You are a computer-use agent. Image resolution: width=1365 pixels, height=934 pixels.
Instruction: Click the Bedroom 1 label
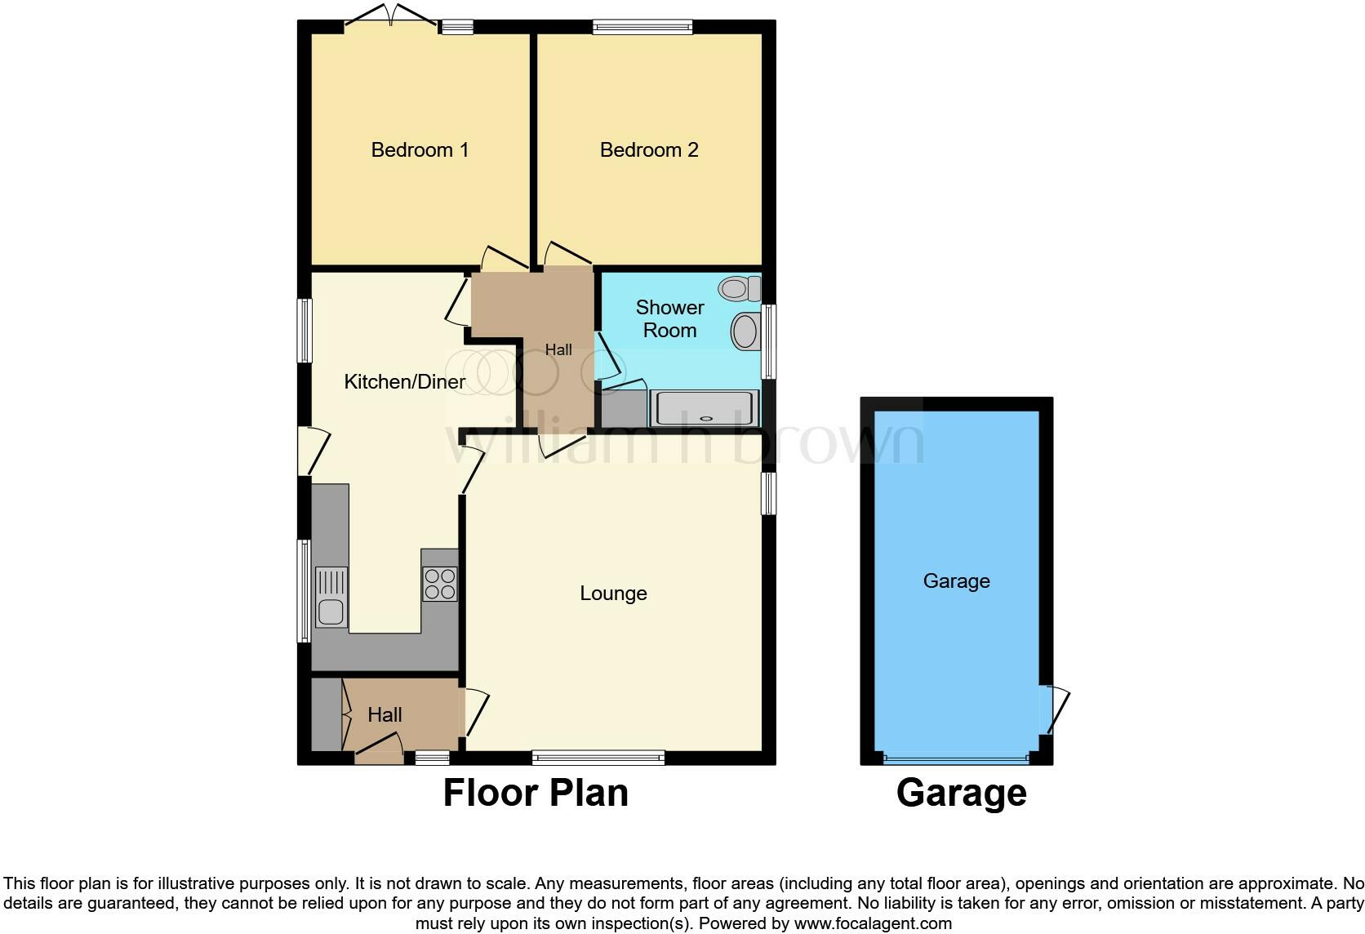[x=420, y=150]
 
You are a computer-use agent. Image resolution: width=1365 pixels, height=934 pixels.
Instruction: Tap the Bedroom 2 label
[x=649, y=150]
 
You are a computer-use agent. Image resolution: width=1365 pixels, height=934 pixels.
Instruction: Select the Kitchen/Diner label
[x=404, y=381]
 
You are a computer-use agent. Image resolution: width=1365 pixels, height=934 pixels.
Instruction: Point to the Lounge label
[x=613, y=594]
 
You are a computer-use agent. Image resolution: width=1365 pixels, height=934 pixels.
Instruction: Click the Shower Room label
[x=669, y=318]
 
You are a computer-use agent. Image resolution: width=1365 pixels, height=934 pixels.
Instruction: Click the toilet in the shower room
[x=739, y=288]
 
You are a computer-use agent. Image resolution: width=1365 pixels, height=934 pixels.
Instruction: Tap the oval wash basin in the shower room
[x=745, y=331]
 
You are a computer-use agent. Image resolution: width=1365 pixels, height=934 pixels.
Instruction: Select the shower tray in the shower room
[x=707, y=408]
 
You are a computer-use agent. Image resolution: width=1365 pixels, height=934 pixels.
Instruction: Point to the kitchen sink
[x=331, y=598]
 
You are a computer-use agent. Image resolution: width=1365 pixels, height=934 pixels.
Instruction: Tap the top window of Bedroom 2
[x=642, y=27]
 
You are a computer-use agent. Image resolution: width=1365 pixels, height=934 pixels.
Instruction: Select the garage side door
[x=1054, y=709]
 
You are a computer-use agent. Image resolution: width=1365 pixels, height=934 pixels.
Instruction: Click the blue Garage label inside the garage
[x=956, y=581]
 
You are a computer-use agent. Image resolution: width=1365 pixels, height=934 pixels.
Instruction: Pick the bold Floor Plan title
[x=536, y=793]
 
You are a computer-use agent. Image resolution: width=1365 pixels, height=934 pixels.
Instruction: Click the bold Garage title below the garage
[x=961, y=793]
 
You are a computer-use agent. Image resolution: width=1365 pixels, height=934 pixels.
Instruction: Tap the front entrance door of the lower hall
[x=380, y=749]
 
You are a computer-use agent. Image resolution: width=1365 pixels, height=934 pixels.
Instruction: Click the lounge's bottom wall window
[x=598, y=758]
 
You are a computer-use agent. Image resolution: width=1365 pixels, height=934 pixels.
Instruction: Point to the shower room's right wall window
[x=768, y=341]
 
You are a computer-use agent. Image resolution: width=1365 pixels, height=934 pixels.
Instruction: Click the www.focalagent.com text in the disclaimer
[x=873, y=923]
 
